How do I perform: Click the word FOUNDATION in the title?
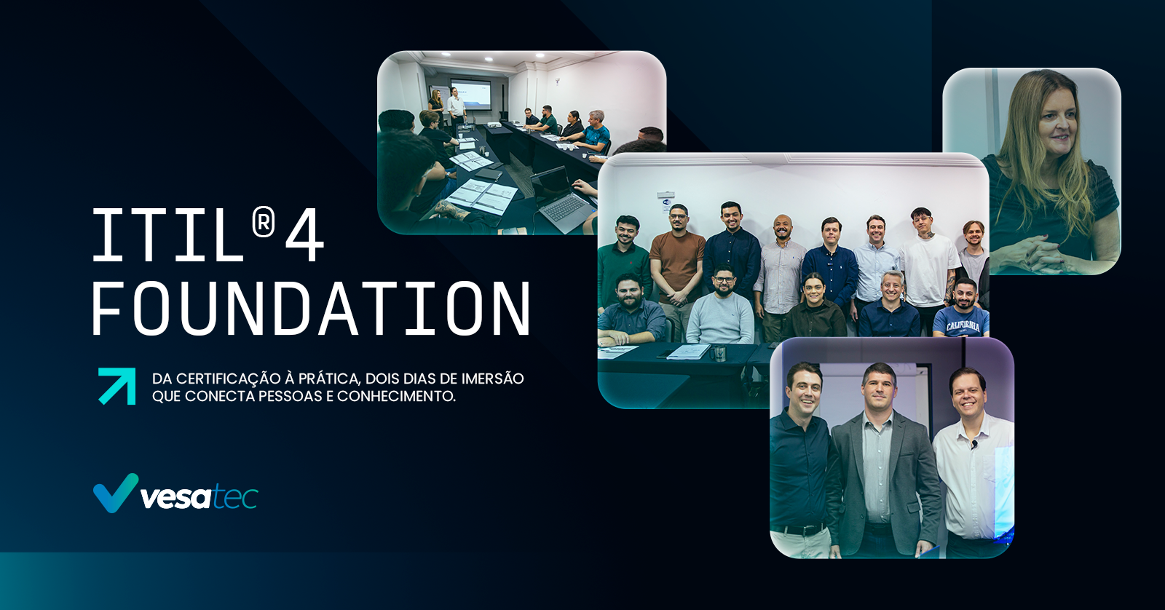(x=311, y=309)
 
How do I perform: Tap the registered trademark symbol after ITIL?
(x=263, y=223)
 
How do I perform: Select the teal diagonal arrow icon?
(x=117, y=386)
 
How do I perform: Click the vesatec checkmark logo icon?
(x=116, y=493)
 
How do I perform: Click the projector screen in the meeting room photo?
(x=470, y=94)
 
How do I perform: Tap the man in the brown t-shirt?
(x=676, y=265)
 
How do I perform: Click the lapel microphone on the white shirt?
(x=974, y=444)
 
